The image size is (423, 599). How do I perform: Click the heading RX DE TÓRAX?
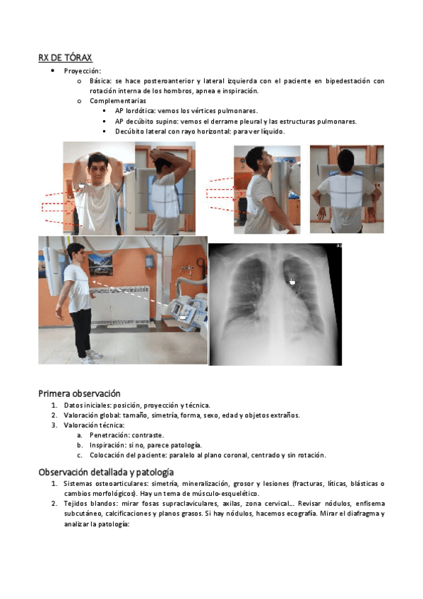pos(65,58)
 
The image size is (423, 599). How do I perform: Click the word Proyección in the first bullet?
pos(82,71)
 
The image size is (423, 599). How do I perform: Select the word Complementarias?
pos(118,101)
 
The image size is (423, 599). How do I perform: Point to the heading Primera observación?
pos(79,393)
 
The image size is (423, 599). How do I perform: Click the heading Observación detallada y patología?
pos(106,472)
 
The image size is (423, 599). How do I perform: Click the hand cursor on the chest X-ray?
pos(292,282)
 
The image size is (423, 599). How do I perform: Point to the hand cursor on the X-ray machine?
pos(183,316)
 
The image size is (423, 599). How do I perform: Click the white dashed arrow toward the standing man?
pos(129,293)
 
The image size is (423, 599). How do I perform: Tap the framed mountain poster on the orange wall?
pos(100,264)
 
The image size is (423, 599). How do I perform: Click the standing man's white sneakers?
pos(91,357)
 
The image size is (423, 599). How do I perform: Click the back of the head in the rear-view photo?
pos(347,162)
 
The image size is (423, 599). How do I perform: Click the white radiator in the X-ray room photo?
pos(119,306)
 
